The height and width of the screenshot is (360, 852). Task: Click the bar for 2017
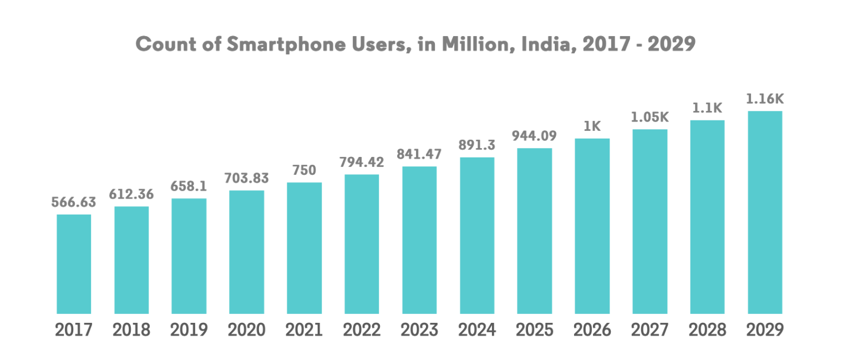pyautogui.click(x=74, y=264)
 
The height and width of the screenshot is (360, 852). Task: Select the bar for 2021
pyautogui.click(x=304, y=248)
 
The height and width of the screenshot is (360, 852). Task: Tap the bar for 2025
pyautogui.click(x=534, y=231)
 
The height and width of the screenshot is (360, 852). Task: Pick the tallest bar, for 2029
pyautogui.click(x=765, y=212)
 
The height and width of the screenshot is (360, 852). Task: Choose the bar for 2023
pyautogui.click(x=419, y=240)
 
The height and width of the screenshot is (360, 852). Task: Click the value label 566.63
pyautogui.click(x=74, y=202)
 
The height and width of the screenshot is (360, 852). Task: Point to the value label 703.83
pyautogui.click(x=246, y=178)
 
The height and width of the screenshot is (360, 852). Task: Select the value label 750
pyautogui.click(x=304, y=170)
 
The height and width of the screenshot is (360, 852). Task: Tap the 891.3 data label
pyautogui.click(x=477, y=145)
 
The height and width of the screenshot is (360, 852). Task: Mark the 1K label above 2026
pyautogui.click(x=592, y=126)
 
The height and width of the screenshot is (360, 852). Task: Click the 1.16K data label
pyautogui.click(x=765, y=99)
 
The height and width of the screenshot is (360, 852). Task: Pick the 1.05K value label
pyautogui.click(x=650, y=118)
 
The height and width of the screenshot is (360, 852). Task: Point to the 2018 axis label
pyautogui.click(x=131, y=330)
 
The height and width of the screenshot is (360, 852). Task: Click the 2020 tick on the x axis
pyautogui.click(x=246, y=330)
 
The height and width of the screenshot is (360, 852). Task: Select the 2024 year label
pyautogui.click(x=477, y=330)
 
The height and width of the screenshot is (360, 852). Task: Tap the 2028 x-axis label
pyautogui.click(x=707, y=330)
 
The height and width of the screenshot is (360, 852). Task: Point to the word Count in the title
pyautogui.click(x=165, y=44)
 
